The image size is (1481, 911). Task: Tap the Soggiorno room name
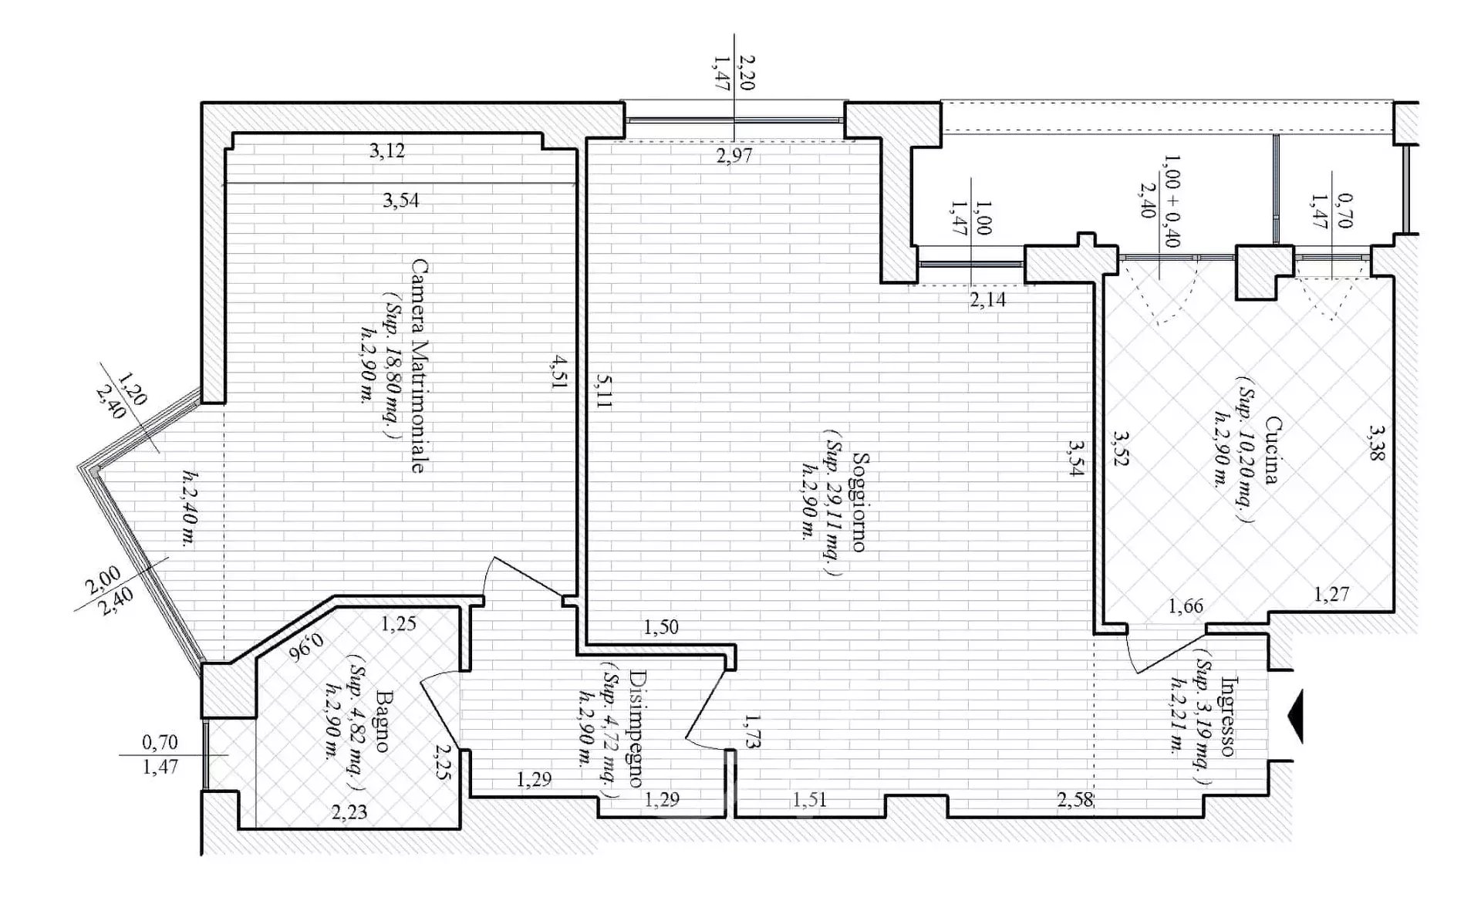click(857, 501)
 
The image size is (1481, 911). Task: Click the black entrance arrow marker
click(1297, 717)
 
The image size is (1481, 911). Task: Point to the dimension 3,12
click(386, 150)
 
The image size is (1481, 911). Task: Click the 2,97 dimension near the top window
click(734, 156)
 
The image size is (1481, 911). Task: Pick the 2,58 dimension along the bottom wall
click(1075, 799)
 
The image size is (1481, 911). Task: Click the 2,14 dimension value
click(988, 299)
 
